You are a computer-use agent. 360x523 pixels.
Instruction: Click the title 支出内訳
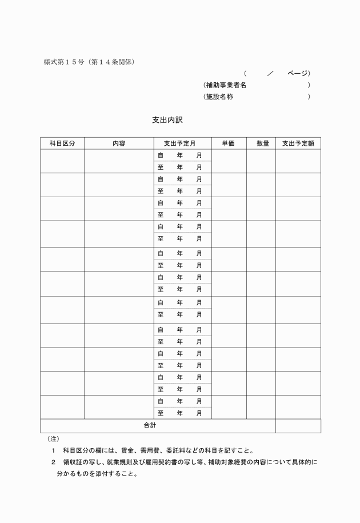pos(167,120)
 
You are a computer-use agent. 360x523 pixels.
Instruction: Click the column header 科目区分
pos(62,143)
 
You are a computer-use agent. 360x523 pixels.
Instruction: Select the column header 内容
pos(119,143)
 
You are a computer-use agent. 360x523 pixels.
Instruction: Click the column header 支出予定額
pos(298,143)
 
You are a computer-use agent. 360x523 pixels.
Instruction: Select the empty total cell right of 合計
pos(298,426)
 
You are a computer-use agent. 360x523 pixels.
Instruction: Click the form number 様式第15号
pos(63,62)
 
